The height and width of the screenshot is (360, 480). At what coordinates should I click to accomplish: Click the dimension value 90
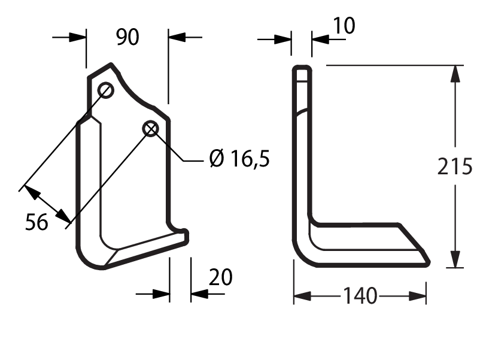(127, 37)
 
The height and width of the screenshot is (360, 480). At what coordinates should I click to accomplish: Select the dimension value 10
(344, 25)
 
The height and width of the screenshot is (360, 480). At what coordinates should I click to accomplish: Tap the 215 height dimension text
(455, 167)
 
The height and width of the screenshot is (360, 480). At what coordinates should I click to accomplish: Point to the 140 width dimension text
(360, 296)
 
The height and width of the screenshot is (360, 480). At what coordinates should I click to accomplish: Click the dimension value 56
(37, 222)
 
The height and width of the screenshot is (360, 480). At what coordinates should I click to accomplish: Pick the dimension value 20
(220, 277)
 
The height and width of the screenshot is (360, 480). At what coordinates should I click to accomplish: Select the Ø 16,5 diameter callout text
(239, 158)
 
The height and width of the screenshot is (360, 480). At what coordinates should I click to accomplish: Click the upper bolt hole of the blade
(105, 90)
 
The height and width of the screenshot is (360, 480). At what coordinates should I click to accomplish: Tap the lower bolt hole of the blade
(151, 129)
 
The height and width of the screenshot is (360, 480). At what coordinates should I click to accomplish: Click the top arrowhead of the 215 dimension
(455, 74)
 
